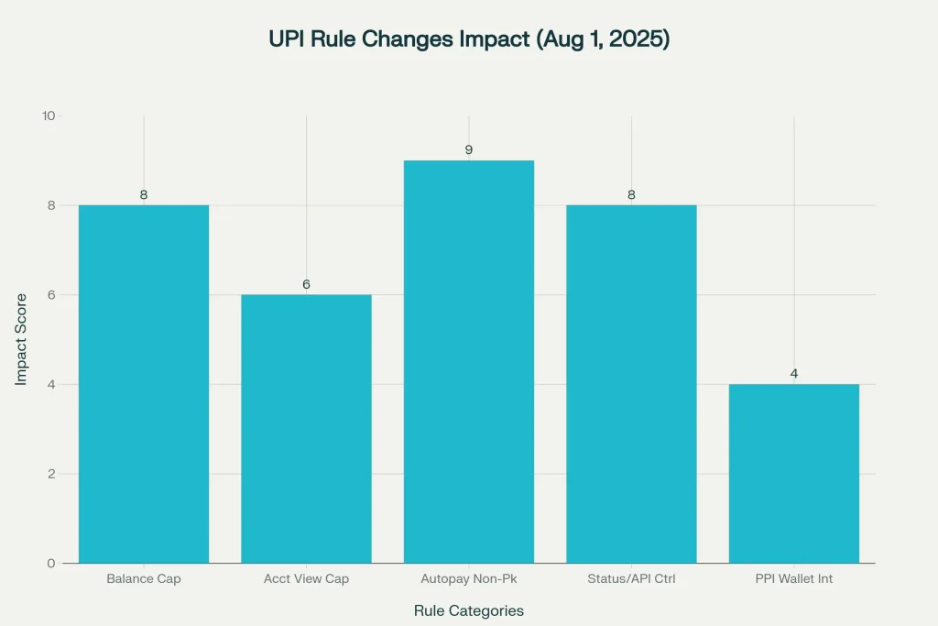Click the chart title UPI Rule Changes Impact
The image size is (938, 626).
click(x=468, y=39)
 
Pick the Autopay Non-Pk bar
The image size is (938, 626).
click(x=468, y=361)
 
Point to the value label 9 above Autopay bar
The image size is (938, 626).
click(x=468, y=149)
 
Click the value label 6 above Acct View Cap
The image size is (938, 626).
click(x=306, y=284)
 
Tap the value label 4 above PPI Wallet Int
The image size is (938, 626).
click(x=793, y=374)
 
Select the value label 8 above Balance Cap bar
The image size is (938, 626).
click(x=144, y=194)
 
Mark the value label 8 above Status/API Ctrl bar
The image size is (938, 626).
click(x=631, y=194)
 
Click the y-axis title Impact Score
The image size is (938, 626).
click(x=21, y=339)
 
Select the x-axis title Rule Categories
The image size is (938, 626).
click(x=468, y=610)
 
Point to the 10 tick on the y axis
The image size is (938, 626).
click(x=49, y=116)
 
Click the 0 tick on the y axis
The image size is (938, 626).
click(x=51, y=563)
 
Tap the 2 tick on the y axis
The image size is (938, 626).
click(x=51, y=474)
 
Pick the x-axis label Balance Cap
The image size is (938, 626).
click(x=144, y=579)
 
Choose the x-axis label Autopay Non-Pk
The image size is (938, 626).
click(x=468, y=579)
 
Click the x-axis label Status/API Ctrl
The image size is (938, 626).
click(x=631, y=579)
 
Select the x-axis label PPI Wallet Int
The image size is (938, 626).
click(x=793, y=579)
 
